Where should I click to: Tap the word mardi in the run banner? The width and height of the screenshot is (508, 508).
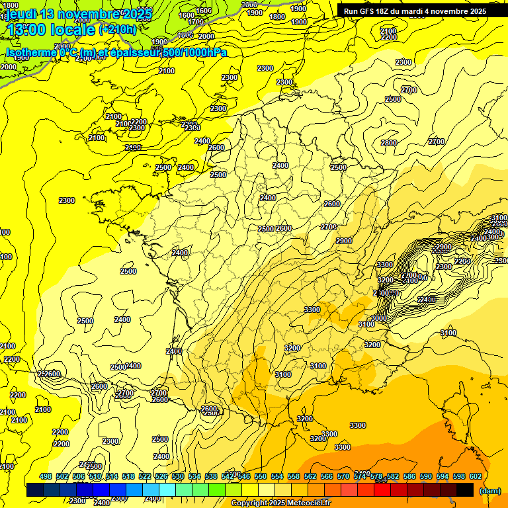click(419, 11)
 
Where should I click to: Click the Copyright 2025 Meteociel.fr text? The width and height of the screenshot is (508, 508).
click(281, 503)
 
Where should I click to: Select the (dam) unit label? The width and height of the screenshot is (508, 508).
click(489, 491)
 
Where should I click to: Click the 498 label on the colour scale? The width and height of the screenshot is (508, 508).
click(46, 476)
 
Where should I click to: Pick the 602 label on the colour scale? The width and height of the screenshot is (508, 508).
click(476, 476)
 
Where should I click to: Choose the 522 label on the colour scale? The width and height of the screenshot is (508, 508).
click(145, 476)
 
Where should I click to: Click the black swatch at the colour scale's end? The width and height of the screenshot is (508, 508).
click(465, 490)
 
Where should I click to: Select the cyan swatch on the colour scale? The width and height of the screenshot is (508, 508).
click(167, 490)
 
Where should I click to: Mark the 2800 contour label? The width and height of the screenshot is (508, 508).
click(389, 143)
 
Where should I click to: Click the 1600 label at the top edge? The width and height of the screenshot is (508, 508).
click(204, 11)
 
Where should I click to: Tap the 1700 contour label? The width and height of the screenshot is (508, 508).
click(196, 22)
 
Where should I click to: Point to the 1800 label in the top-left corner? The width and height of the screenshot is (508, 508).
click(11, 5)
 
